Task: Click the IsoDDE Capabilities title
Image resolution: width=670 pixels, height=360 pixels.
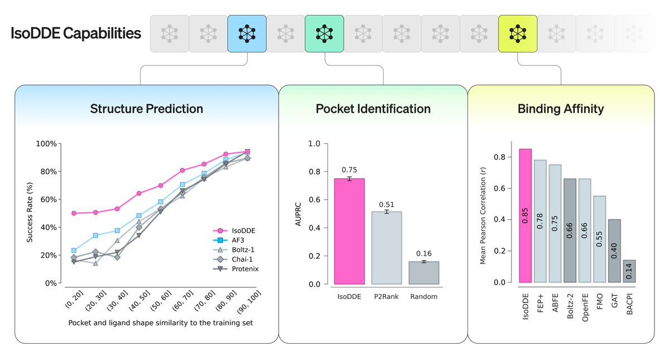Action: pos(76,33)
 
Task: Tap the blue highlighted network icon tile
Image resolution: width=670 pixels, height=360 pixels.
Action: pos(247,34)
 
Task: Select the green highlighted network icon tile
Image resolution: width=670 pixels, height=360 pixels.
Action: pos(324,34)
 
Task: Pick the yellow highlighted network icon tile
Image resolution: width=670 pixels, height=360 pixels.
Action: pos(518,34)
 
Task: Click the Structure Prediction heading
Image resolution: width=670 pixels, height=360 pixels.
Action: pos(146,108)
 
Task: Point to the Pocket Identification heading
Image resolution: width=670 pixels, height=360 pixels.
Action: pos(373,108)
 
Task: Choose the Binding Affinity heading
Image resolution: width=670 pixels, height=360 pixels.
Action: pos(561,108)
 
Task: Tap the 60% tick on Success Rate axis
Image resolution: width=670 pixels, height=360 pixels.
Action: pos(48,199)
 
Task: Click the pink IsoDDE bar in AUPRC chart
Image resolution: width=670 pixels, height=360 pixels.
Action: pos(349,231)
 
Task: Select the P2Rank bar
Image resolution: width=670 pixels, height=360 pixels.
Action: pos(386,248)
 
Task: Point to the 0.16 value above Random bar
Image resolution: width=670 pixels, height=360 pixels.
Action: pos(424,253)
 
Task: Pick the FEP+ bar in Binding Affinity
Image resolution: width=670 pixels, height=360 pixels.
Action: pos(540,221)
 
